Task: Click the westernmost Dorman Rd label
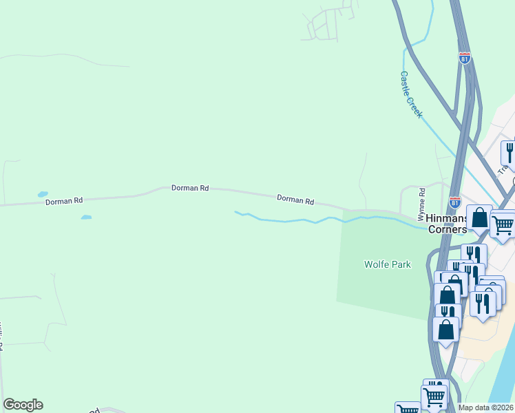click(x=64, y=201)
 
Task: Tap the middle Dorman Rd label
click(x=190, y=188)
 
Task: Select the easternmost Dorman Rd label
click(x=295, y=200)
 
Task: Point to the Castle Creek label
click(x=411, y=95)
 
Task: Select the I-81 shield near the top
click(x=465, y=58)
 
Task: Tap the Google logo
click(x=23, y=405)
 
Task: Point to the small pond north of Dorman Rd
click(x=43, y=194)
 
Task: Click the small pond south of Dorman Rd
click(x=86, y=218)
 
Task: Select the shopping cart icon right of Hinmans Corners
click(x=503, y=224)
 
